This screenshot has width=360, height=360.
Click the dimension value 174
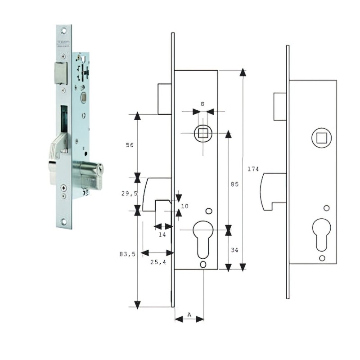253,169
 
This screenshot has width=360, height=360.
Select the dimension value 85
234,184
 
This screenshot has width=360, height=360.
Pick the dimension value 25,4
157,262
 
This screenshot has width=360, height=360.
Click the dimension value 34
234,250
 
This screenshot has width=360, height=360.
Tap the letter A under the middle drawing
189,314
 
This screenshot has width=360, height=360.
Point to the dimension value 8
202,104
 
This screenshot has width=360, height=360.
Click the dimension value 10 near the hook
185,206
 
